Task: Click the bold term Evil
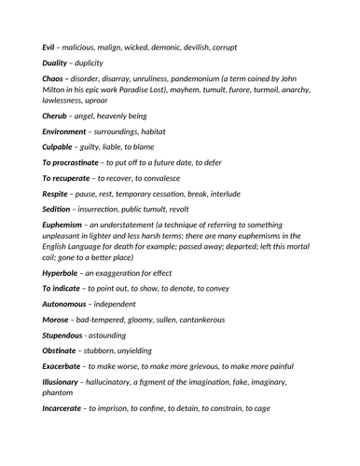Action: click(x=50, y=46)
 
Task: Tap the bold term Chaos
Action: click(x=55, y=79)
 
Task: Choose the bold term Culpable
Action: click(x=61, y=149)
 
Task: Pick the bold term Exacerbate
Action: click(x=67, y=377)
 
